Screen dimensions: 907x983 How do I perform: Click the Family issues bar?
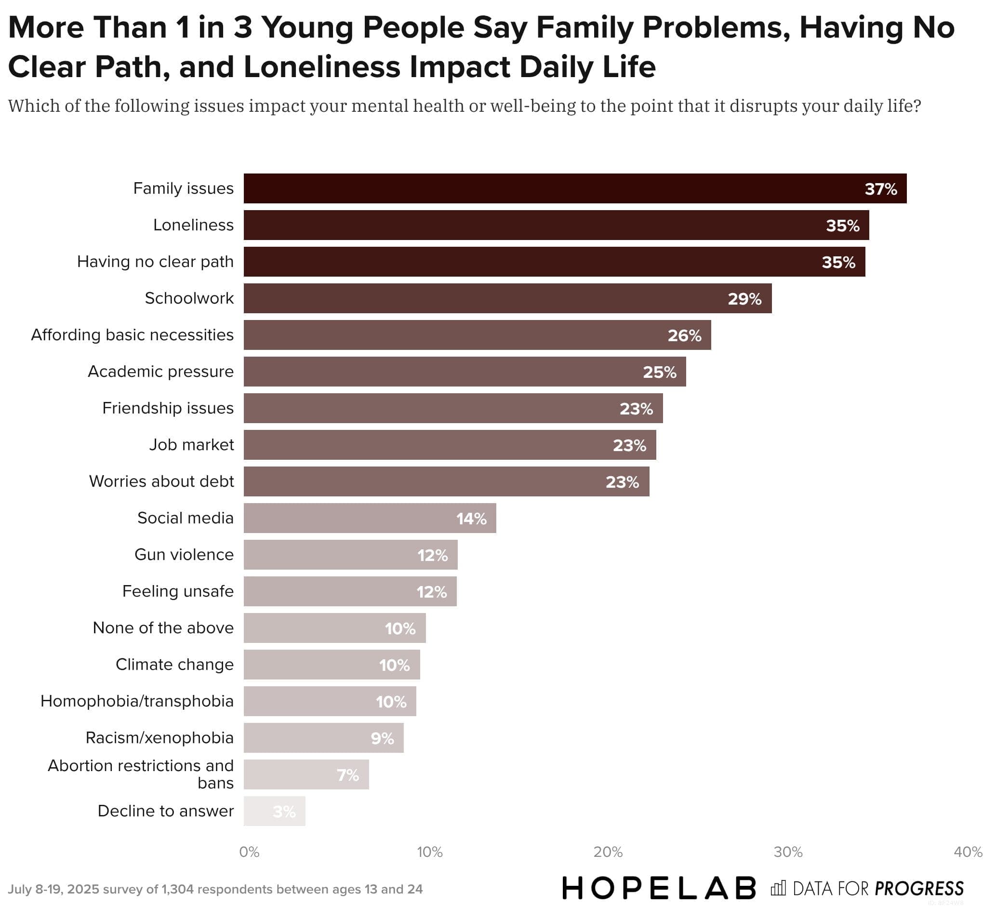pos(574,188)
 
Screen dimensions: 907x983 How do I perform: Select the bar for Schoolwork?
pos(507,298)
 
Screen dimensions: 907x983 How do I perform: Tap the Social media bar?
pos(369,518)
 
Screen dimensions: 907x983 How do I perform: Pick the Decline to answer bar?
pos(274,811)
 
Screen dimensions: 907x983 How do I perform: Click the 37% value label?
pos(880,189)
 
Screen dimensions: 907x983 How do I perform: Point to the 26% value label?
pos(684,336)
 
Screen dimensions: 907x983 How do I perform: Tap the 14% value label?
pos(471,519)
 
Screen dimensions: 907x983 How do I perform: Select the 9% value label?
pos(382,738)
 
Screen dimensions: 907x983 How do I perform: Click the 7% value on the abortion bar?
pos(347,775)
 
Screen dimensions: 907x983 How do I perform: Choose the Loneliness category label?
pos(193,225)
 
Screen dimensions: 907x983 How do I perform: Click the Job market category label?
pos(191,445)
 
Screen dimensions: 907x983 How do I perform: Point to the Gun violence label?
pos(184,555)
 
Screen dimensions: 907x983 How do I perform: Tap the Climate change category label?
pos(175,665)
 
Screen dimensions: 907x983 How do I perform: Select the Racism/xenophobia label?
pos(159,738)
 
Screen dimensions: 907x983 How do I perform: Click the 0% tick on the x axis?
pos(249,852)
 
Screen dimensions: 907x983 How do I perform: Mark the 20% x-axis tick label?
pos(608,852)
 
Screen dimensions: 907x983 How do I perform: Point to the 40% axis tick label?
pos(967,852)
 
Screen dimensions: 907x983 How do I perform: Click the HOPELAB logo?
pos(659,888)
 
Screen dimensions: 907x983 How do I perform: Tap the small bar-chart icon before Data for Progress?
pos(778,888)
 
